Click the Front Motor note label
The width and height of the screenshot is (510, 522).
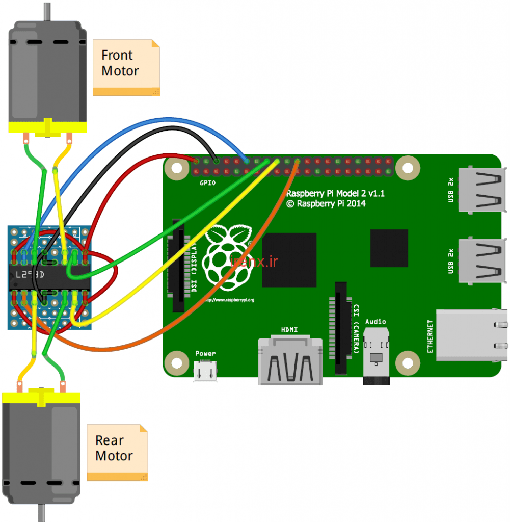tap(126, 67)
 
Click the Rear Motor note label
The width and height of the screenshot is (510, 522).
tap(117, 452)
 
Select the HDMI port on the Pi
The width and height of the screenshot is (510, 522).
tap(290, 359)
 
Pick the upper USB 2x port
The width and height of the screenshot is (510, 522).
tap(481, 190)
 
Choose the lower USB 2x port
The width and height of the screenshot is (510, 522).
tap(481, 262)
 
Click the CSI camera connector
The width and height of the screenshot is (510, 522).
tap(342, 326)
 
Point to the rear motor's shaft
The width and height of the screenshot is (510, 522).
tap(41, 513)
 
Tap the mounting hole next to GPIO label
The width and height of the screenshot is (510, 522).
tap(176, 168)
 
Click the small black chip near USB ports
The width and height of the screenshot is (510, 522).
tap(389, 248)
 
